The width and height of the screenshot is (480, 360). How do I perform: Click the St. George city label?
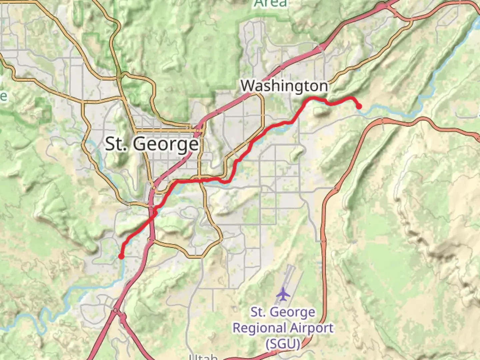coord(152,144)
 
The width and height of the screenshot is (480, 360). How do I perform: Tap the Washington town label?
coord(284,86)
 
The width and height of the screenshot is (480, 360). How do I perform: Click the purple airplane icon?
coord(283,294)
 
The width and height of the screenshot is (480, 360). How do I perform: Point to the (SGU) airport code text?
coord(283,343)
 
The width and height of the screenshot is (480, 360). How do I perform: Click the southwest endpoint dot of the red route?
coord(121,256)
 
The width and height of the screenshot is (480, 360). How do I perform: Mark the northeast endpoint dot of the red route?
coord(359,107)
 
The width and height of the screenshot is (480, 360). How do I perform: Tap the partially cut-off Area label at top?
coord(270,4)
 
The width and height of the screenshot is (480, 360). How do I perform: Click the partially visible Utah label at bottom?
coord(203,357)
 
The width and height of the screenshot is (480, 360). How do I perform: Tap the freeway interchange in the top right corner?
coord(387,7)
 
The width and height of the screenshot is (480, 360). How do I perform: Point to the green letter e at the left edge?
coord(3,96)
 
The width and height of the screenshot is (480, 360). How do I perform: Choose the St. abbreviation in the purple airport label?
coord(258,312)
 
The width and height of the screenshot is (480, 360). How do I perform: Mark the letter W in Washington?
coord(248,86)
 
